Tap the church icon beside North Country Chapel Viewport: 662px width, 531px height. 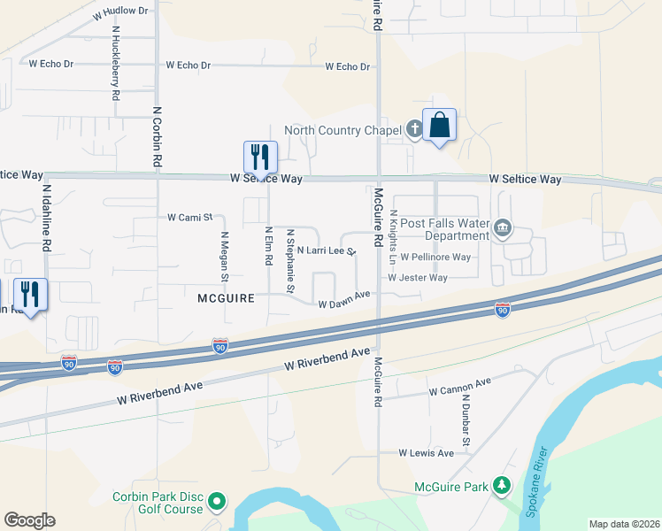coord(414,130)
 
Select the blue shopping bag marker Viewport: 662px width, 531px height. coord(439,126)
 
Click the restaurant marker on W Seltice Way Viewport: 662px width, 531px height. coord(260,157)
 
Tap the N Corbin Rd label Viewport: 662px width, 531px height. coord(157,137)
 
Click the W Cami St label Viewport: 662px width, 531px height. coord(190,217)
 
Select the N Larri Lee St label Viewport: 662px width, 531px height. coord(326,251)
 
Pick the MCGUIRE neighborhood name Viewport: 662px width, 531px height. coord(226,298)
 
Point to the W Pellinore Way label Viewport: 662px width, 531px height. coord(435,258)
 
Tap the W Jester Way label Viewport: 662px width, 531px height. coord(418,278)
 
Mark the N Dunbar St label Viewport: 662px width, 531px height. coord(464,419)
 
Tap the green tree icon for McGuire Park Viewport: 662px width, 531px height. coord(502,486)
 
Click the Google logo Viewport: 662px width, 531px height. coord(29,520)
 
